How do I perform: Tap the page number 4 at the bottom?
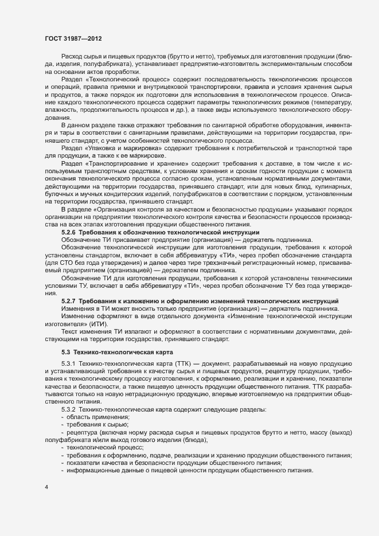[46, 487]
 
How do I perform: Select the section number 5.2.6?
[69, 232]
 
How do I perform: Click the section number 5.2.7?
[69, 301]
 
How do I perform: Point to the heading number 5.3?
[65, 351]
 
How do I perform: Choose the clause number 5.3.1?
[69, 365]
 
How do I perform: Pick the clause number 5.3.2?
[69, 409]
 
